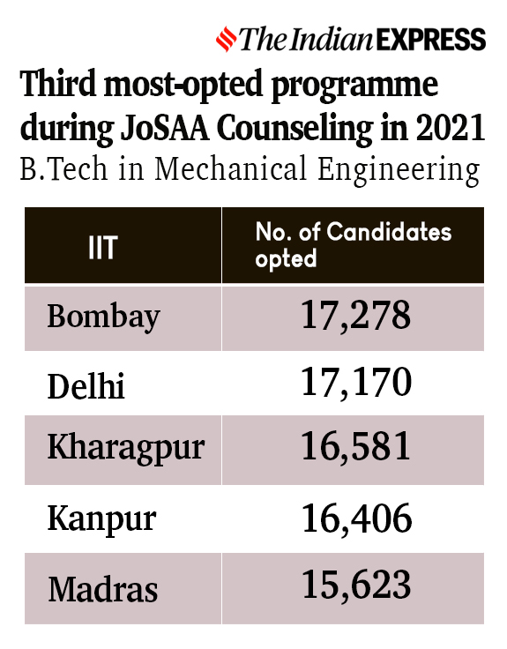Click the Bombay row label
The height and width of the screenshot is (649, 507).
click(104, 316)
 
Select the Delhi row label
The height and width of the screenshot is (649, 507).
click(86, 384)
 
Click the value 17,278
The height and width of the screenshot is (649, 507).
click(355, 315)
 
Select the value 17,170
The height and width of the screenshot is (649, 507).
click(355, 384)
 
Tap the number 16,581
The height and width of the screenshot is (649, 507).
click(355, 448)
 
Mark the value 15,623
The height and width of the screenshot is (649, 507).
click(355, 585)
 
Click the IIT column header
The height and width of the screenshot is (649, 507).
click(102, 248)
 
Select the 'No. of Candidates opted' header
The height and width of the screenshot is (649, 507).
click(353, 245)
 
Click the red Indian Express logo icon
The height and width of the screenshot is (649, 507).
click(227, 39)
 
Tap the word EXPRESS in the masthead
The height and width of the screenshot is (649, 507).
click(430, 40)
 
